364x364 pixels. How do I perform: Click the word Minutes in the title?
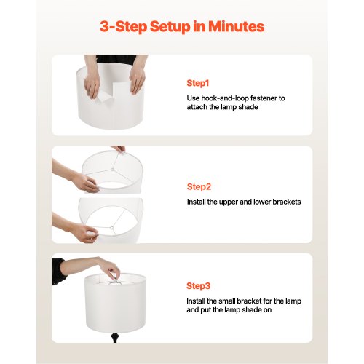(236, 26)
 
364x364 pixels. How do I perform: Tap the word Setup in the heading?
(170, 27)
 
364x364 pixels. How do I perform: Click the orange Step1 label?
(198, 83)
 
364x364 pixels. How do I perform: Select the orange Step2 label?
(199, 187)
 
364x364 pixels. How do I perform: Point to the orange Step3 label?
(198, 286)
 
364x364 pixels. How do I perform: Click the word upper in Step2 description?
(228, 202)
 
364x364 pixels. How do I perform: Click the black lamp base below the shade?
(114, 338)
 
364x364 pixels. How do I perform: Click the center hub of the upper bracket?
(112, 170)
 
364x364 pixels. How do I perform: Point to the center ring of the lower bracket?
(112, 228)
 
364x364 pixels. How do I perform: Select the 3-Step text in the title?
(123, 27)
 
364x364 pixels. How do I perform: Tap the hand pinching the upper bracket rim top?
(118, 149)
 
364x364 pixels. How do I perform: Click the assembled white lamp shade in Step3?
(115, 303)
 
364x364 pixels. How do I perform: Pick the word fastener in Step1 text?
(264, 98)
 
